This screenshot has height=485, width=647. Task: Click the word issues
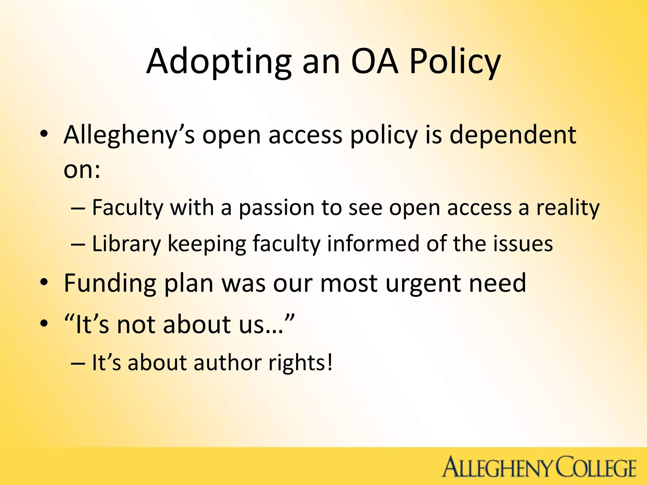[x=523, y=244]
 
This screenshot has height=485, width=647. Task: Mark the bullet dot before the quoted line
[x=44, y=323]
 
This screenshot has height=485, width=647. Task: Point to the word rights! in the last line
[x=300, y=363]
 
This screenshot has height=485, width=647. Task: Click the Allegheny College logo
[x=539, y=466]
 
